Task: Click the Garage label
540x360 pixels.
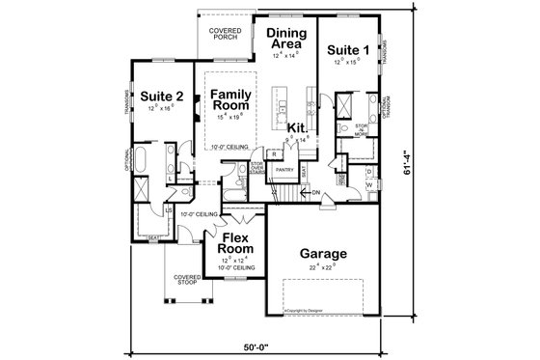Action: tap(322, 255)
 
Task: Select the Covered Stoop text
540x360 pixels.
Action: tap(188, 279)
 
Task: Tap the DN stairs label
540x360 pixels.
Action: tap(314, 194)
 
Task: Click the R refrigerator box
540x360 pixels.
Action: tap(275, 154)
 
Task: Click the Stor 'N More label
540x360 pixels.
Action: tap(362, 129)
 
